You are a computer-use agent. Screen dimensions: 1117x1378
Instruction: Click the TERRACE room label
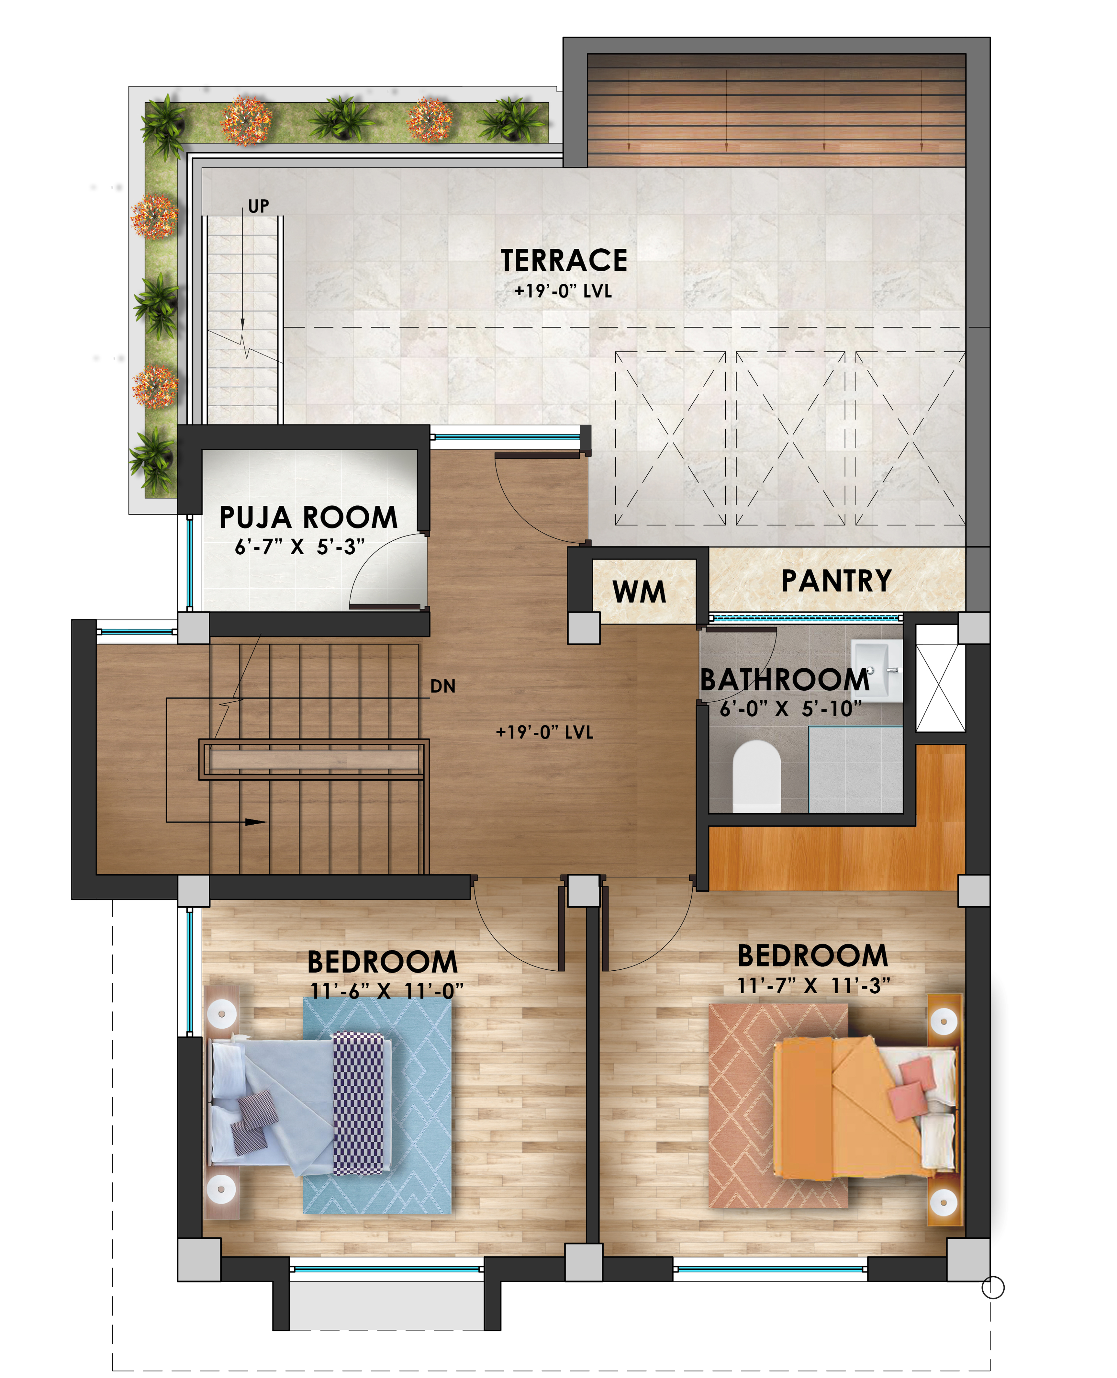click(564, 261)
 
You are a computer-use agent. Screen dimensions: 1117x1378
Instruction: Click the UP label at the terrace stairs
click(259, 206)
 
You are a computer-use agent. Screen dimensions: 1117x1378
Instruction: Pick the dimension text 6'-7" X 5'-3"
click(300, 547)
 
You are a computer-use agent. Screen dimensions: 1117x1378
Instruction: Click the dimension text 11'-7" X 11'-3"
click(813, 985)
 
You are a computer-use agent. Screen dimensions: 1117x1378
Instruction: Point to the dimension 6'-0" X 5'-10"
click(791, 709)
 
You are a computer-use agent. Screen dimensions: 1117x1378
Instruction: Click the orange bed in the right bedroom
click(866, 1108)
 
